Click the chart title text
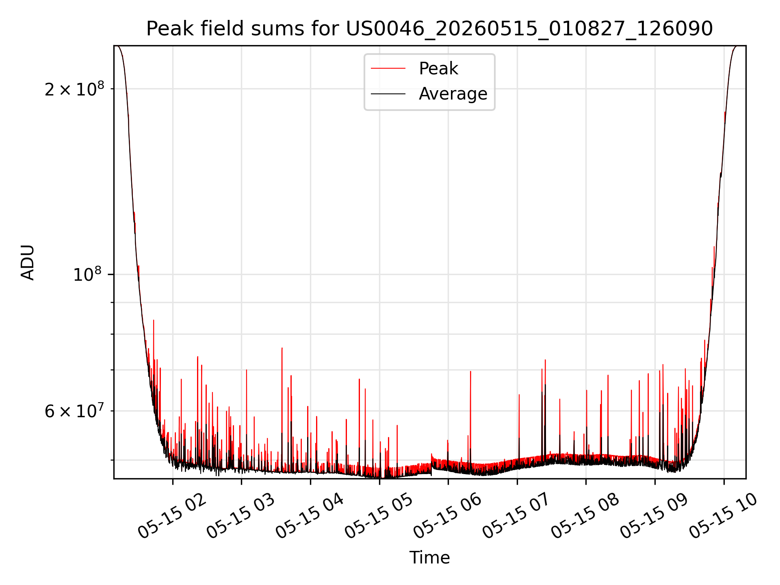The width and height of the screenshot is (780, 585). tap(429, 29)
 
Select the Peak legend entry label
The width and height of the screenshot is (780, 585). tap(438, 69)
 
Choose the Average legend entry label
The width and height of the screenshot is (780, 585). tap(453, 94)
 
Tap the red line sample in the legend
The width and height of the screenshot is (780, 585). tap(388, 69)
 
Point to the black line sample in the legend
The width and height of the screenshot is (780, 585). tap(388, 94)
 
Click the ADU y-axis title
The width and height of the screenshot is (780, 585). tap(28, 262)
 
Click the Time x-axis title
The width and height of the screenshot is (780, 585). tap(429, 558)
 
